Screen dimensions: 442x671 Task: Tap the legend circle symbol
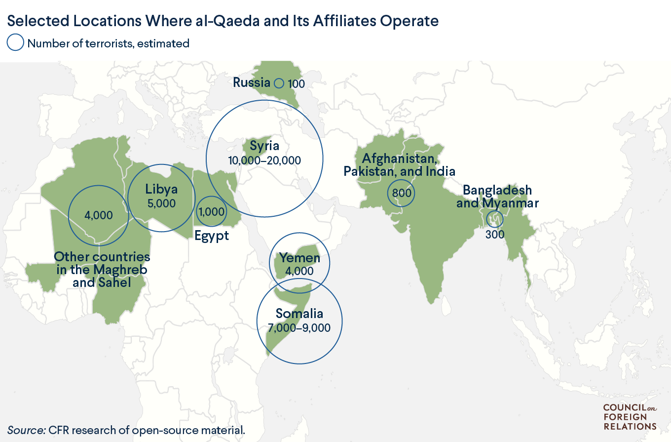tap(15, 43)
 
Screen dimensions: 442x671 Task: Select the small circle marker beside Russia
tap(279, 83)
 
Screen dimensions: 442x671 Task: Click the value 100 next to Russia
tap(296, 84)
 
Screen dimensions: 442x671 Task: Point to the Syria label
tap(264, 146)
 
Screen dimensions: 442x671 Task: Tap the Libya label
tap(161, 189)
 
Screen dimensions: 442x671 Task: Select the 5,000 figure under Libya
tap(161, 202)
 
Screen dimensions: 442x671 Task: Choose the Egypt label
tap(211, 236)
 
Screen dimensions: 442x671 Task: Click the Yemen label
tap(299, 257)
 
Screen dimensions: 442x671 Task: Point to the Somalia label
tap(299, 314)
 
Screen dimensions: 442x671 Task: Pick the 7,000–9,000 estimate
tap(299, 327)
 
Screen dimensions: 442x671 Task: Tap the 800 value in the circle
tap(401, 193)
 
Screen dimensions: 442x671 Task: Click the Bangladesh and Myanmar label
tap(497, 197)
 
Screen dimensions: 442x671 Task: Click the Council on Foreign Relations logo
tap(630, 417)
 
